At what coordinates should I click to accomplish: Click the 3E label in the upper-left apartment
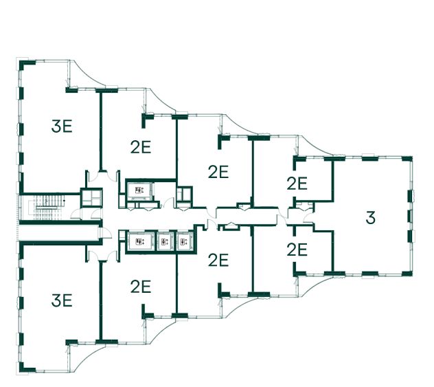tap(62, 125)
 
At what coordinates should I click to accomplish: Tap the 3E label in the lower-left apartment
tap(62, 300)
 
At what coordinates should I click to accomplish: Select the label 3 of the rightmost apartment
tap(371, 219)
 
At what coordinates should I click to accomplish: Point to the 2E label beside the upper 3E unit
tap(140, 146)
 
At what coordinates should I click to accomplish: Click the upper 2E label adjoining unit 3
tap(297, 184)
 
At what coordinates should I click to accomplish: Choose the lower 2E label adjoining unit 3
tap(297, 250)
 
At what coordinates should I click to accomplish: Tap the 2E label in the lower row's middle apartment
tap(218, 260)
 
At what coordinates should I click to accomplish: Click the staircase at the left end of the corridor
tap(49, 204)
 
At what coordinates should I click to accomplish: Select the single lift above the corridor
tap(140, 190)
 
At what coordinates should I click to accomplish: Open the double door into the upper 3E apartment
tap(95, 177)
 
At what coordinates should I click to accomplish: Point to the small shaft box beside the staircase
tap(91, 197)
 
